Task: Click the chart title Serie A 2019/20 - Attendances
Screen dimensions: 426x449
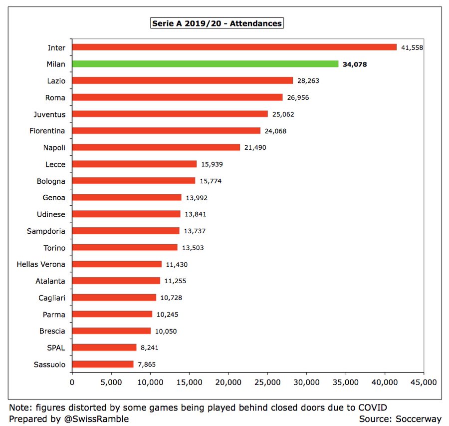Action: pos(217,23)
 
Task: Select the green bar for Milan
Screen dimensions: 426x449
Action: pos(205,64)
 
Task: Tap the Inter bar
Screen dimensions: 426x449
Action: pos(234,47)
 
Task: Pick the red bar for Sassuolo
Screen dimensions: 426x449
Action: pos(103,364)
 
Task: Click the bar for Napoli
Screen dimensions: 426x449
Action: pos(156,147)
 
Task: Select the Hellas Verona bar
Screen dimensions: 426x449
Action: pos(117,264)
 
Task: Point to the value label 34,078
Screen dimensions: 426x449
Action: pos(355,64)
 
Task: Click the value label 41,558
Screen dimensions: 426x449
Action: pos(413,47)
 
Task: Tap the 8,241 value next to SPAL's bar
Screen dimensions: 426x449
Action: pos(150,348)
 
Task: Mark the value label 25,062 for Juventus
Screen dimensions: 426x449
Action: pos(283,114)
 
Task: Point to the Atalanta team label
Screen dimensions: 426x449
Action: pos(50,281)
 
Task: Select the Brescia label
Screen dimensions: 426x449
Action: pos(52,331)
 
